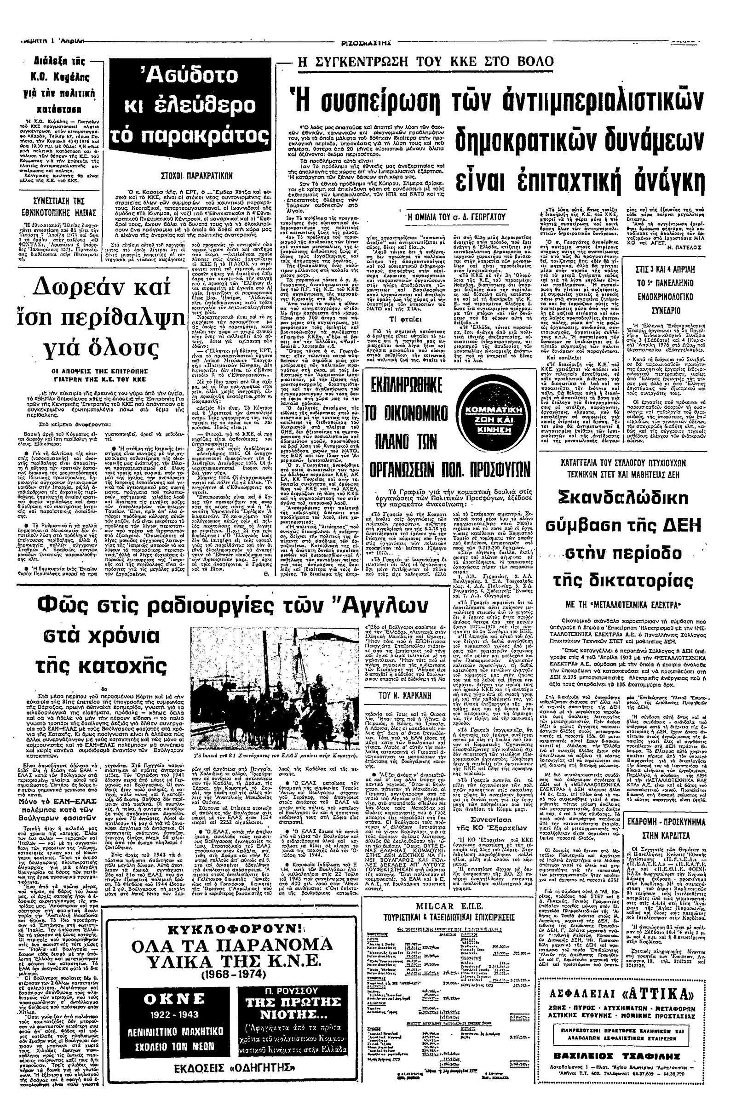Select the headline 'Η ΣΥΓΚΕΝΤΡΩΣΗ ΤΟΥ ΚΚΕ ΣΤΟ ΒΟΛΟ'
(430, 62)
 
